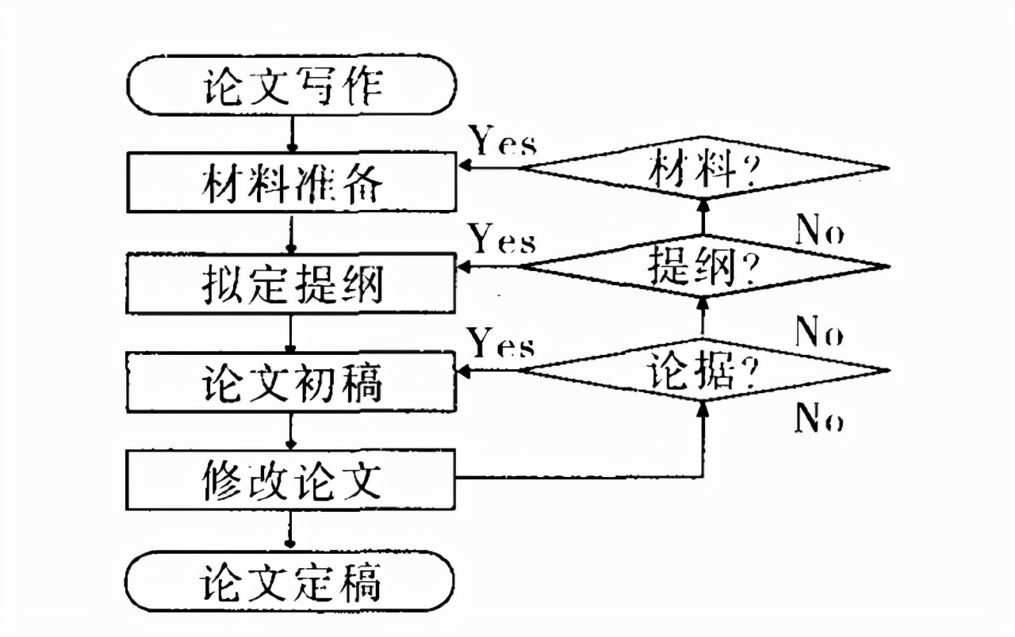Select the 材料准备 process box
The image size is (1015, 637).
point(291,182)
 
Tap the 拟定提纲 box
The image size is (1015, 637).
point(291,283)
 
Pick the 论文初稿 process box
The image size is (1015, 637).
point(291,383)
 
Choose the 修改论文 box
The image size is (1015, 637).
point(291,479)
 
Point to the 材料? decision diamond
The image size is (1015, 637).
point(703,169)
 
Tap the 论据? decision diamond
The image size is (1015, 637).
point(703,370)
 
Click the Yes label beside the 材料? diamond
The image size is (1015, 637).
point(504,143)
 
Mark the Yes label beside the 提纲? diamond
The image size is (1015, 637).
point(504,239)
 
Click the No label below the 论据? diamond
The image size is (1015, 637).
point(819,418)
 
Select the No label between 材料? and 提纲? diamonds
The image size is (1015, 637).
point(819,232)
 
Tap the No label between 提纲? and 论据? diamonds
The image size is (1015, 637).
point(819,333)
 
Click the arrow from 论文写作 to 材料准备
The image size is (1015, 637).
point(291,134)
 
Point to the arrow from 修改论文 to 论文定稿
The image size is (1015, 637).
point(291,529)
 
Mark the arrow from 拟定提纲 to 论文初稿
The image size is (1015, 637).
point(291,333)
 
